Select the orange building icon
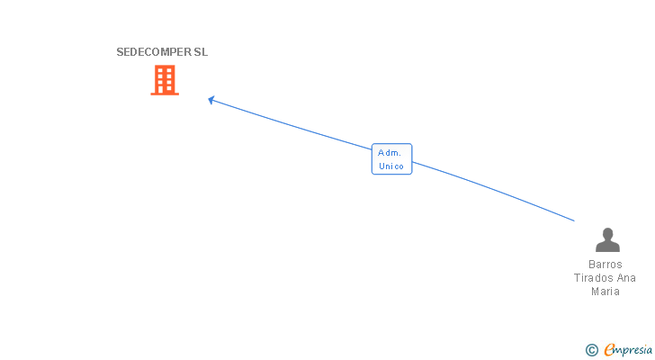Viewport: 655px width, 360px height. [x=164, y=80]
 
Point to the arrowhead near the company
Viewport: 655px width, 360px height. [x=211, y=100]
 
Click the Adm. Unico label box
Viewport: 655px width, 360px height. [x=391, y=159]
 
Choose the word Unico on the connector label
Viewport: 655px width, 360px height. [x=391, y=166]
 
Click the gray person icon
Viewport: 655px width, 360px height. [x=607, y=240]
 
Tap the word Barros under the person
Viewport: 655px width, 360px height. [x=606, y=265]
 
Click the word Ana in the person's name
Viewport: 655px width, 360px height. [x=626, y=278]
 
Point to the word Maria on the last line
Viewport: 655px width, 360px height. [x=606, y=292]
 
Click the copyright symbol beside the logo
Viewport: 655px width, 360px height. [x=591, y=350]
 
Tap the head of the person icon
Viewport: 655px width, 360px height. [x=607, y=234]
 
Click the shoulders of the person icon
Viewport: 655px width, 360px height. [x=607, y=247]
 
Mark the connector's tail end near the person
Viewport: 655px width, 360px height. [x=572, y=220]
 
